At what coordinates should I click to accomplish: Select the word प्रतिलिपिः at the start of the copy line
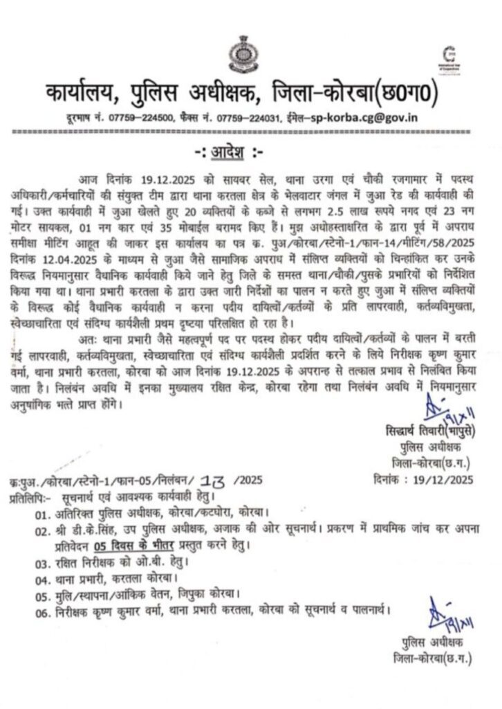pos(30,497)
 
